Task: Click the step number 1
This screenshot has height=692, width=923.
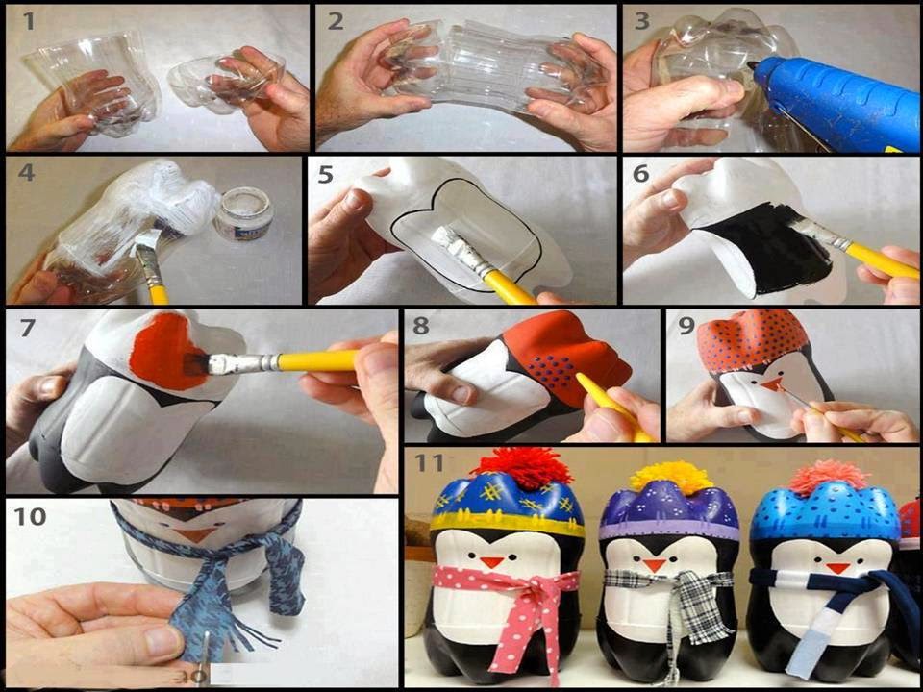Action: pos(29,22)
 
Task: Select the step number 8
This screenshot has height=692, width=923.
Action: pos(421,325)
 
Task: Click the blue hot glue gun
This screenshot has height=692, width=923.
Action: pos(836,100)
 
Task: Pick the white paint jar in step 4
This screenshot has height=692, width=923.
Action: pos(243,213)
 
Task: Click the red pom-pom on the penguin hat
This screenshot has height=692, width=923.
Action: pos(513,468)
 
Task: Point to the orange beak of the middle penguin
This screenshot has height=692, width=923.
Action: pos(654,565)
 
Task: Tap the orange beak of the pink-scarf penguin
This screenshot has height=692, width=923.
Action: pos(491,561)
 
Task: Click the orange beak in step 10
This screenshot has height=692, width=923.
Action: pos(195,534)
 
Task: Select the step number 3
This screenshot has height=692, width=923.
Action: pos(641,21)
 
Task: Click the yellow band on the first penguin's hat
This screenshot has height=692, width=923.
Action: pos(508,523)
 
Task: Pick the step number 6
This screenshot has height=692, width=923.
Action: pos(641,174)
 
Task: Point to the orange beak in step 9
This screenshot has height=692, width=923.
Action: pos(769,385)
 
